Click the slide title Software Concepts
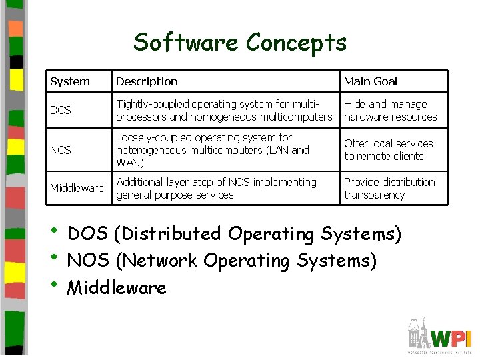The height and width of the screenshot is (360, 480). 240,43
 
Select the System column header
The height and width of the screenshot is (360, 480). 70,81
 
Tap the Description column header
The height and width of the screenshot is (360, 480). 147,81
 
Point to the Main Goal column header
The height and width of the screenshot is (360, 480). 371,81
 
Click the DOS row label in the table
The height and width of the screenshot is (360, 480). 61,110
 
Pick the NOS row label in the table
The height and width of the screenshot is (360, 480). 61,150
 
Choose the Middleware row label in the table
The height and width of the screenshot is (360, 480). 77,188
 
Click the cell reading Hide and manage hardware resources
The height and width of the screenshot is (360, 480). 391,111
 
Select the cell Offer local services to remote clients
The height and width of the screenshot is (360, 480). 388,150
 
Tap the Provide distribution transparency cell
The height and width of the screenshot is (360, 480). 389,189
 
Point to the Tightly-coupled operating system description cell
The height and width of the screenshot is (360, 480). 223,111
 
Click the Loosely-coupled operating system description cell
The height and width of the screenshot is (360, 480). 212,150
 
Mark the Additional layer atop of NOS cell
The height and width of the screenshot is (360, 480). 216,189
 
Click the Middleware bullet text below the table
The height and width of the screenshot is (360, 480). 117,288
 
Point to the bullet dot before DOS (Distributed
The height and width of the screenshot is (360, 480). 55,233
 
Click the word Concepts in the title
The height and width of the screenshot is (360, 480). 296,43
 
